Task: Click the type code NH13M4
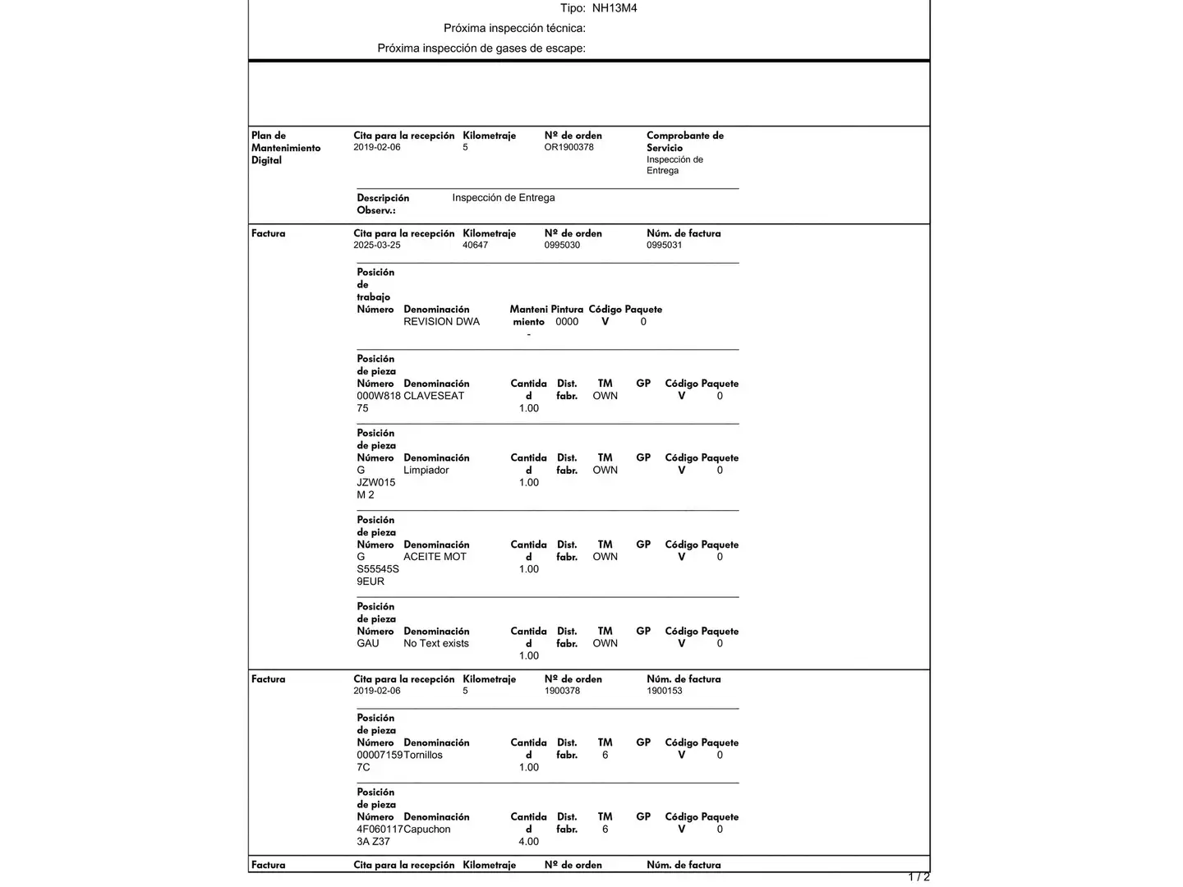[615, 8]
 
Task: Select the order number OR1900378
[568, 148]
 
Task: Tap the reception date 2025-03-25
[377, 246]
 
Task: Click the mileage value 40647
[475, 246]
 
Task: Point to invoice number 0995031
[664, 246]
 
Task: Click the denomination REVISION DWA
[441, 322]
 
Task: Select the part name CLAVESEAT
[434, 396]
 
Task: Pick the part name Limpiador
[426, 471]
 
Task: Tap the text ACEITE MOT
[435, 557]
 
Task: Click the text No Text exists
[436, 644]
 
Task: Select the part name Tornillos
[423, 756]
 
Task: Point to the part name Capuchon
[427, 830]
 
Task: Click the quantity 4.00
[529, 842]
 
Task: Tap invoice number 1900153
[664, 692]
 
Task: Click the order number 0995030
[562, 246]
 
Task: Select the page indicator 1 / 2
[918, 877]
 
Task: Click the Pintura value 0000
[567, 322]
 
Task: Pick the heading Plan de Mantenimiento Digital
[286, 148]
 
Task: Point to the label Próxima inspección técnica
[514, 29]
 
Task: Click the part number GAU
[368, 644]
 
